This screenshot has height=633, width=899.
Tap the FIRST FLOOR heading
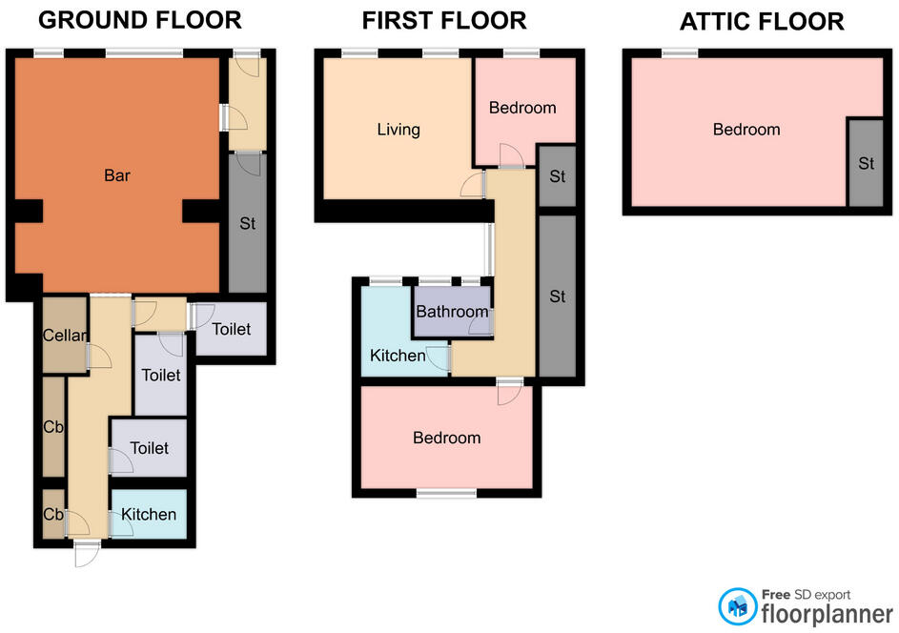(443, 20)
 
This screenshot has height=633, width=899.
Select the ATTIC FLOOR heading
(761, 22)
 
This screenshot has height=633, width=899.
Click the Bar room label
(117, 175)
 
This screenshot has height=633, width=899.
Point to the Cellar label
(65, 336)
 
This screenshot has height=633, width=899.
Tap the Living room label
(398, 130)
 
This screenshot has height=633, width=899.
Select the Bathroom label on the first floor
(452, 312)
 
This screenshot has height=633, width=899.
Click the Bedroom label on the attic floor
(746, 130)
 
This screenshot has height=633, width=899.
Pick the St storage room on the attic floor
(865, 163)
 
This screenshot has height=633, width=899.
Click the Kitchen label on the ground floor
(150, 515)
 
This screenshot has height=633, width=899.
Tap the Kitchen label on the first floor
(398, 356)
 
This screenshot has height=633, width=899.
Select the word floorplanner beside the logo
(826, 614)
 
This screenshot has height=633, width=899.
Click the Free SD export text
(805, 594)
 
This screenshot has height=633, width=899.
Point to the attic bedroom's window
(679, 53)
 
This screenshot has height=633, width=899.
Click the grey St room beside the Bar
(248, 223)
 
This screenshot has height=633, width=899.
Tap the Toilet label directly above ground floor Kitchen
(150, 448)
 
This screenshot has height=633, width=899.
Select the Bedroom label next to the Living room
(522, 108)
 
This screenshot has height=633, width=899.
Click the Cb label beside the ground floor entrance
(53, 515)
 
